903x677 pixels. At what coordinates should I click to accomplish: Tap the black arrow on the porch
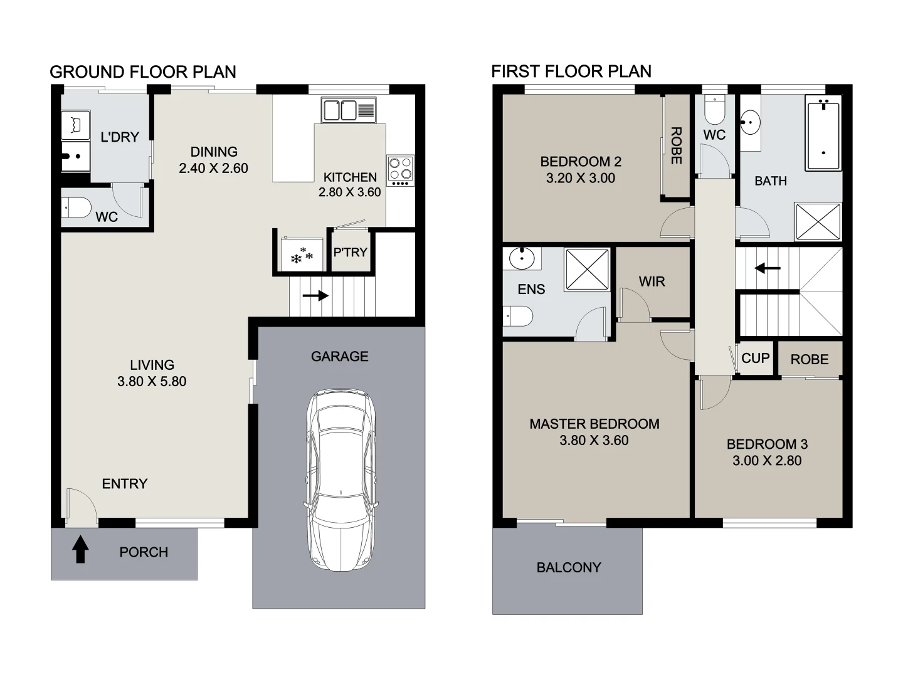(80, 549)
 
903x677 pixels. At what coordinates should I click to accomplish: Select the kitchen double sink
(348, 110)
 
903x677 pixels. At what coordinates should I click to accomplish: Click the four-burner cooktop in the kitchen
(400, 170)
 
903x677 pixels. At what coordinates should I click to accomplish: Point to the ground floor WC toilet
(77, 207)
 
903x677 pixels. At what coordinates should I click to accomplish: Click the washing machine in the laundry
(75, 125)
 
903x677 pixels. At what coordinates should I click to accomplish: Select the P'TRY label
(350, 253)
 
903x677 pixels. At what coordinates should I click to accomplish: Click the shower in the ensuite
(587, 269)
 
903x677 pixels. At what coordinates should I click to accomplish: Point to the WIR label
(652, 282)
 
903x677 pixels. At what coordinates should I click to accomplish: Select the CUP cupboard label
(755, 359)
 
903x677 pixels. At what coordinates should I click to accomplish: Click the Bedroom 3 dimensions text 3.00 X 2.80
(766, 461)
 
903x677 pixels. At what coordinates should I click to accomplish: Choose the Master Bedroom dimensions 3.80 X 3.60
(593, 441)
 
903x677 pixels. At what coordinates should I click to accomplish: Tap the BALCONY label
(568, 568)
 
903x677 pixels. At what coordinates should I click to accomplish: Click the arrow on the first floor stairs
(768, 269)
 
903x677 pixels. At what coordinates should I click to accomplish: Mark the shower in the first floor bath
(818, 221)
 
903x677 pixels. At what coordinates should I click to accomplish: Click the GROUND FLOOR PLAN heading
(143, 72)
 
